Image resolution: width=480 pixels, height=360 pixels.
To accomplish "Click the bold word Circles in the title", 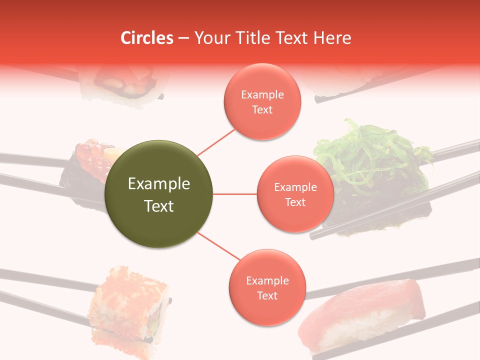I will pos(146,38).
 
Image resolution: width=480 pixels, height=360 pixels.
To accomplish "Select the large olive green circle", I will pos(159,194).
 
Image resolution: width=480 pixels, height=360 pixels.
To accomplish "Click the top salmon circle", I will pos(262,101).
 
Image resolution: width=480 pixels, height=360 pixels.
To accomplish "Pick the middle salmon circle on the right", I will pos(295,194).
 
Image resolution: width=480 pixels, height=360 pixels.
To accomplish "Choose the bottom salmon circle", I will pos(267,287).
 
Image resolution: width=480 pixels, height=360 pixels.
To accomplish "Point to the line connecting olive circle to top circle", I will pos(216,141).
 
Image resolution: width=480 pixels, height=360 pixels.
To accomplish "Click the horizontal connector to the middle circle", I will pos(235,194).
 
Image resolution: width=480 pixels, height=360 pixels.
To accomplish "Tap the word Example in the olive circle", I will pos(159,184).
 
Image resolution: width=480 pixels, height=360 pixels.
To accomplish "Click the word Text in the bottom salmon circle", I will pos(267,295).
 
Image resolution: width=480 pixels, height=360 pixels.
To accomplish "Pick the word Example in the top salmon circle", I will pos(262,94).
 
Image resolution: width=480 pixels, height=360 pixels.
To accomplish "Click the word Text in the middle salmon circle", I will pos(295,202).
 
